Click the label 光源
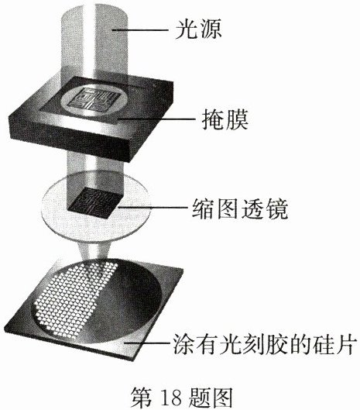[198, 29]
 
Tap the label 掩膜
[225, 120]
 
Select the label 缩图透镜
[240, 208]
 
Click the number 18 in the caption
[171, 398]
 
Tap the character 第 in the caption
[142, 398]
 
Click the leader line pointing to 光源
[140, 30]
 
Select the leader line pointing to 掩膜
[156, 119]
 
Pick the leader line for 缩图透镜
[153, 208]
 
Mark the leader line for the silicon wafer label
[147, 343]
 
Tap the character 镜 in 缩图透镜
[276, 208]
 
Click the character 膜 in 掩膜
[237, 120]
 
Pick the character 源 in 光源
[210, 29]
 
